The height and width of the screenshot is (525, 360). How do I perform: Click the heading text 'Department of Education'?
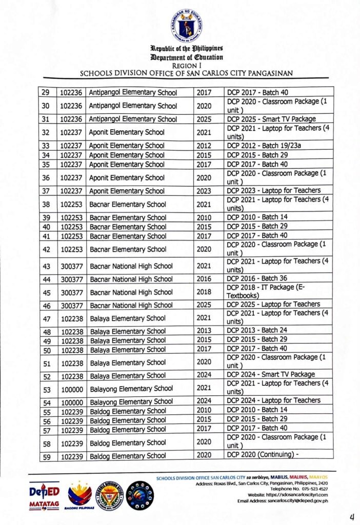coord(186,58)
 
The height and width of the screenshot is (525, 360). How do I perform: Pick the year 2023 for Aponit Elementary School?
coord(204,191)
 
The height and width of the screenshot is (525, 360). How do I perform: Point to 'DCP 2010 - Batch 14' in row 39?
coord(257,217)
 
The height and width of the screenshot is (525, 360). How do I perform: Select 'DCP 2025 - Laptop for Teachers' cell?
coord(273,305)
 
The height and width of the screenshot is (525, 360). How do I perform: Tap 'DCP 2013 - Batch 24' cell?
coord(257,331)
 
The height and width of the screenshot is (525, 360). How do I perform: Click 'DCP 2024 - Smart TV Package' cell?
coord(271,375)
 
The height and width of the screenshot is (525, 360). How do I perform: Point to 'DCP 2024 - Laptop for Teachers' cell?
coord(273,401)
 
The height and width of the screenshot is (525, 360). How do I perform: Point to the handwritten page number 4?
coord(352,516)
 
